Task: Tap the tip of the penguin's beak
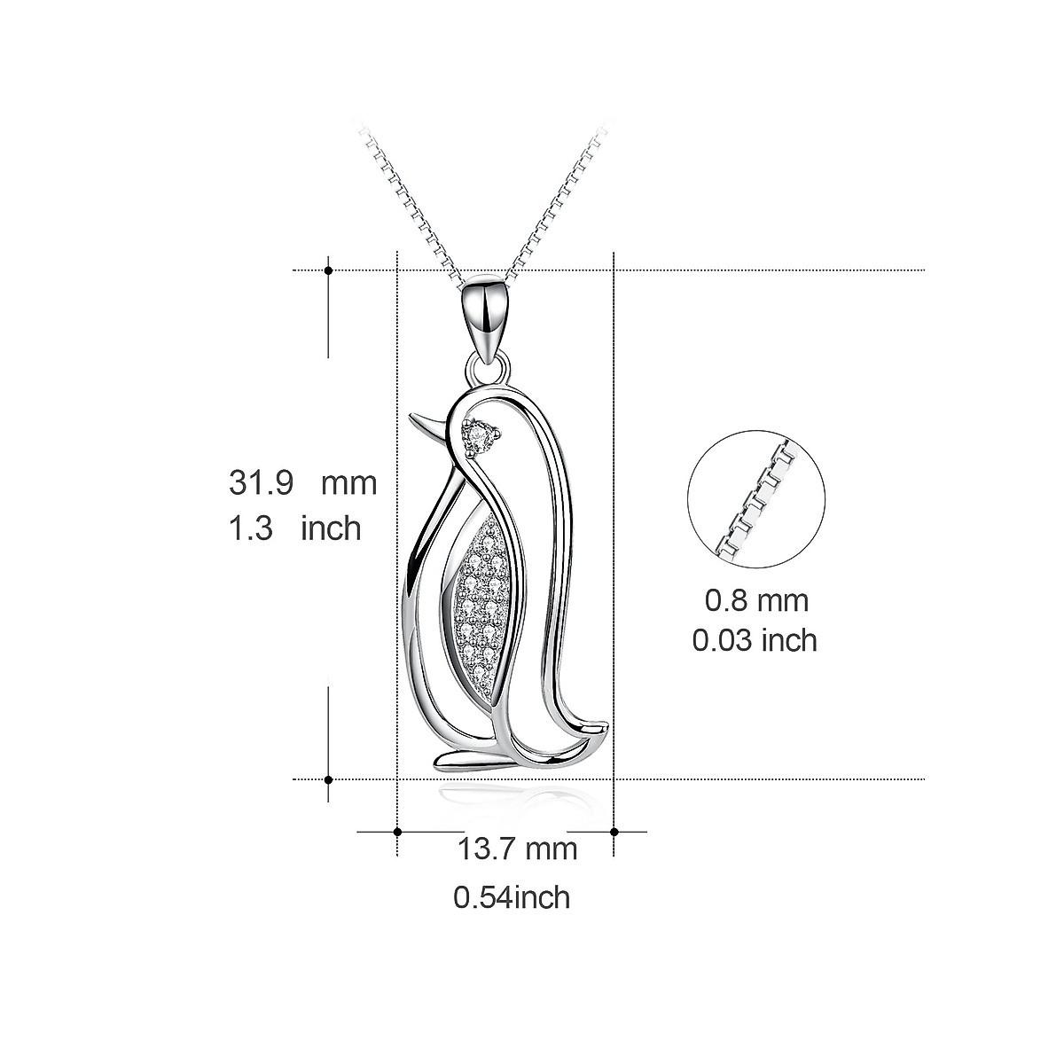pyautogui.click(x=411, y=417)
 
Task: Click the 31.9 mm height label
pyautogui.click(x=302, y=483)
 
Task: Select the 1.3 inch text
pyautogui.click(x=295, y=528)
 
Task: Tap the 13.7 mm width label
pyautogui.click(x=517, y=849)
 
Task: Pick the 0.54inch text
pyautogui.click(x=512, y=897)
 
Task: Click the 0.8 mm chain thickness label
pyautogui.click(x=756, y=600)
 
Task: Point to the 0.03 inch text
pyautogui.click(x=755, y=639)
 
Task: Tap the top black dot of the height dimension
pyautogui.click(x=329, y=270)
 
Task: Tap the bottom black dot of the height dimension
pyautogui.click(x=329, y=779)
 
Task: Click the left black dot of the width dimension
pyautogui.click(x=397, y=832)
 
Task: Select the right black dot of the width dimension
pyautogui.click(x=614, y=832)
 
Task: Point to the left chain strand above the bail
pyautogui.click(x=417, y=204)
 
